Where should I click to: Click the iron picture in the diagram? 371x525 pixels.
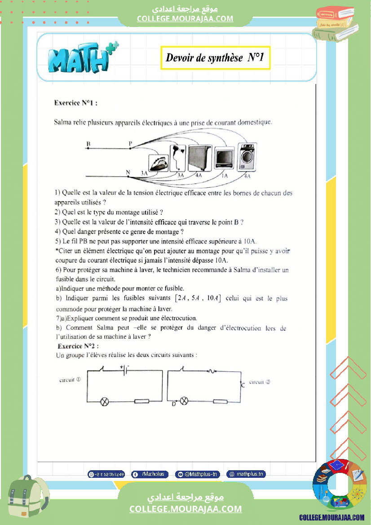pyautogui.click(x=158, y=163)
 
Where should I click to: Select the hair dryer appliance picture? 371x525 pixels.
pyautogui.click(x=178, y=155)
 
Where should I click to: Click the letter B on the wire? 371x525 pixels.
pyautogui.click(x=88, y=144)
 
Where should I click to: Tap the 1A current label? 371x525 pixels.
pyautogui.click(x=225, y=176)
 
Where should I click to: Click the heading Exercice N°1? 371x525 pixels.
pyautogui.click(x=75, y=102)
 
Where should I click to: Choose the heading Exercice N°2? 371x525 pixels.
pyautogui.click(x=78, y=346)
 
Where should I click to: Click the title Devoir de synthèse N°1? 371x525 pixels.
pyautogui.click(x=215, y=57)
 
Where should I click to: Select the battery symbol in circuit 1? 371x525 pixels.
pyautogui.click(x=124, y=370)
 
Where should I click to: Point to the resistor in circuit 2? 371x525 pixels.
pyautogui.click(x=220, y=401)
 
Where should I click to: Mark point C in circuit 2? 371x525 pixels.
pyautogui.click(x=243, y=385)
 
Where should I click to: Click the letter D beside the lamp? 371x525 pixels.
pyautogui.click(x=174, y=404)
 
